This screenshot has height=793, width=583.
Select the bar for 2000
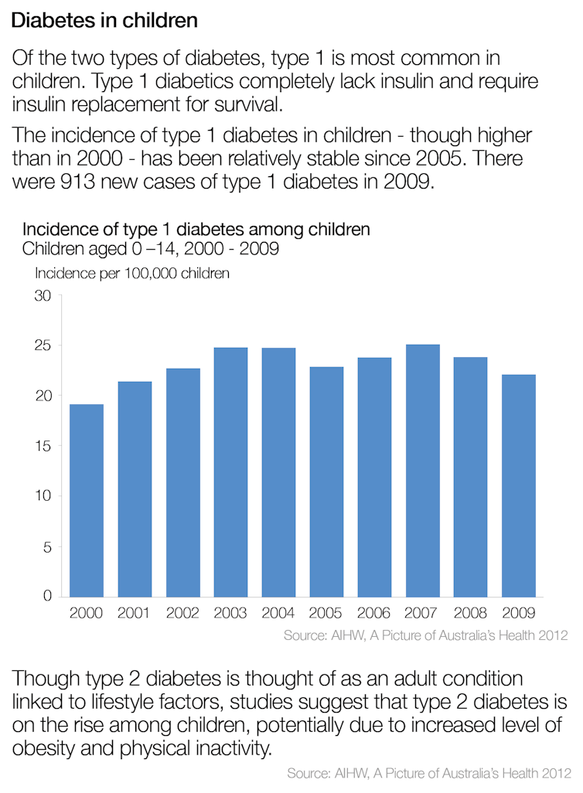pyautogui.click(x=87, y=500)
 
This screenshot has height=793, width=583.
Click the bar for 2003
pyautogui.click(x=230, y=471)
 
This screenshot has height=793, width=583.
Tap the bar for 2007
pyautogui.click(x=422, y=470)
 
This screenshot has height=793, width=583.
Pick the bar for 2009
pyautogui.click(x=518, y=485)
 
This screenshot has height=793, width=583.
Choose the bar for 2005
pyautogui.click(x=326, y=482)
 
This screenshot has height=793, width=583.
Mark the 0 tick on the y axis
pyautogui.click(x=46, y=596)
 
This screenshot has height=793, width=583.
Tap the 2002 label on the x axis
pyautogui.click(x=182, y=614)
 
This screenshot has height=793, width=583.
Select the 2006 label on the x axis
pyautogui.click(x=374, y=614)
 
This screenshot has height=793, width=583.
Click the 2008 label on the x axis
pyautogui.click(x=470, y=614)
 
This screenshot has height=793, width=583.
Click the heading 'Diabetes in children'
pyautogui.click(x=104, y=21)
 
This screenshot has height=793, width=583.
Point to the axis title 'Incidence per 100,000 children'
pyautogui.click(x=131, y=273)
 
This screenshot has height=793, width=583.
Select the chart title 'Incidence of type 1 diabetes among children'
pyautogui.click(x=196, y=230)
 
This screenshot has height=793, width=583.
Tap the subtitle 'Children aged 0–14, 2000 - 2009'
pyautogui.click(x=150, y=249)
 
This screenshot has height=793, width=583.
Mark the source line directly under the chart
pyautogui.click(x=425, y=636)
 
